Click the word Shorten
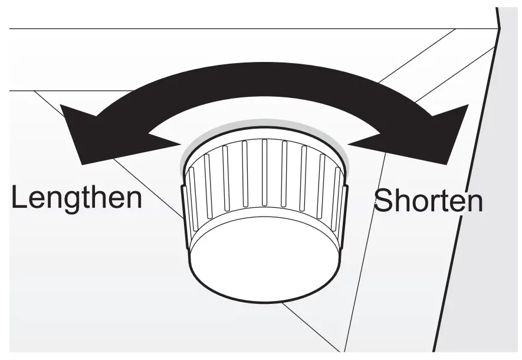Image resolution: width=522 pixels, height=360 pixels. (429, 201)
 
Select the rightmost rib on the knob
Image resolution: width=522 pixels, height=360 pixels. (338, 198)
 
